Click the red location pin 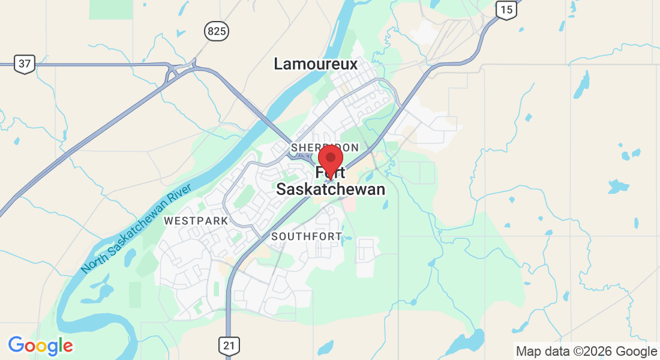point(330,161)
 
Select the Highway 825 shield point(216,31)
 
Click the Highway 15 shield point(506,9)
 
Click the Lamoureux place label point(316,64)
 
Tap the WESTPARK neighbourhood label point(196,221)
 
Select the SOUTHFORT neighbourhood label point(307,236)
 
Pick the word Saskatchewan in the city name point(330,190)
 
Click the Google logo point(40,346)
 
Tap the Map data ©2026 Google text point(586,352)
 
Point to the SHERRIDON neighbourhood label point(325,148)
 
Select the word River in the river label point(180,194)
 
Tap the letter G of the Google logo point(16,345)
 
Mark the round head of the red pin point(330,157)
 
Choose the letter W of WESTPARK point(169,221)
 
